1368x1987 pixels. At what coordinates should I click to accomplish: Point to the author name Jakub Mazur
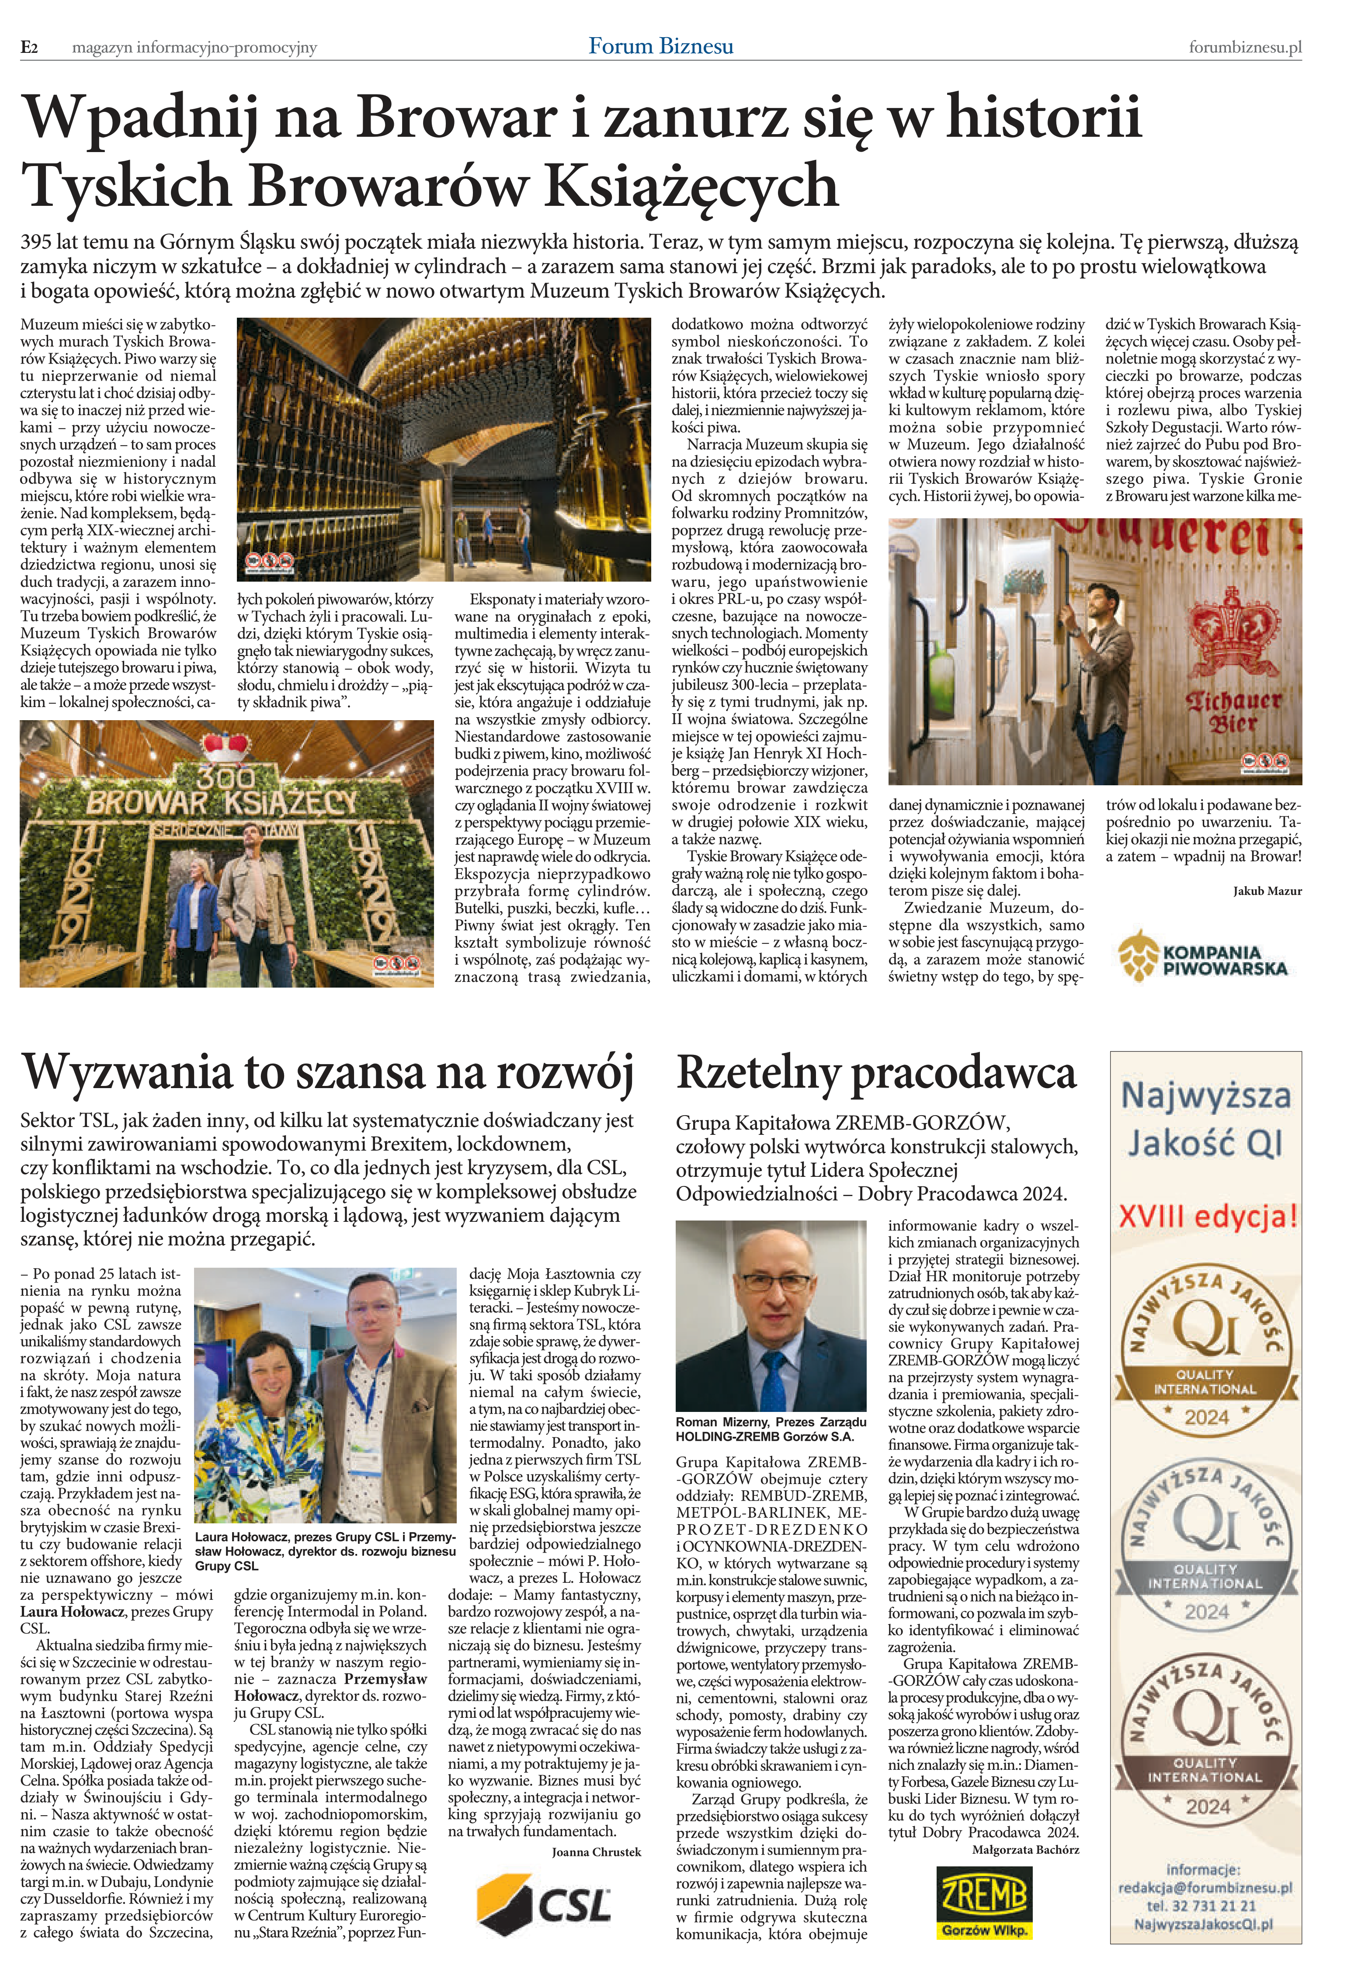tap(1267, 891)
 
